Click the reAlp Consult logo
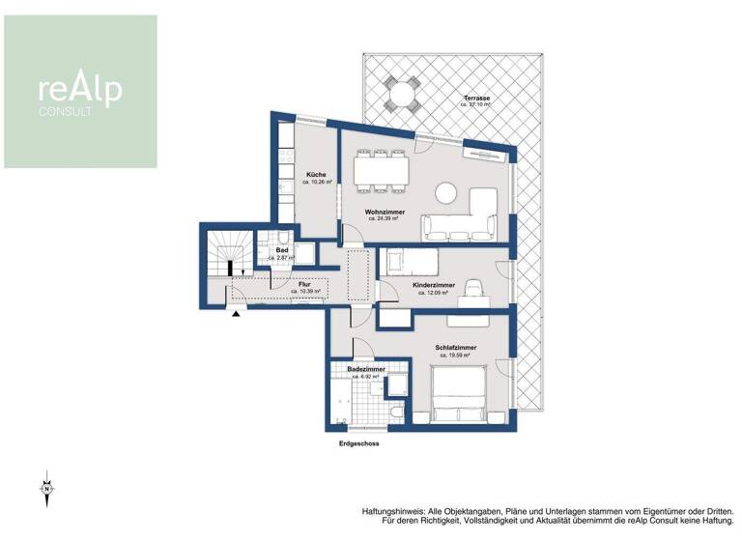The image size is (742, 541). coord(80,92)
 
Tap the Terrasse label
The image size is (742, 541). coord(475,100)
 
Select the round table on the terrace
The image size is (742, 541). coord(398,94)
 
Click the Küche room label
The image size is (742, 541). coord(316,175)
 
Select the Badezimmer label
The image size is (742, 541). coord(367,369)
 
